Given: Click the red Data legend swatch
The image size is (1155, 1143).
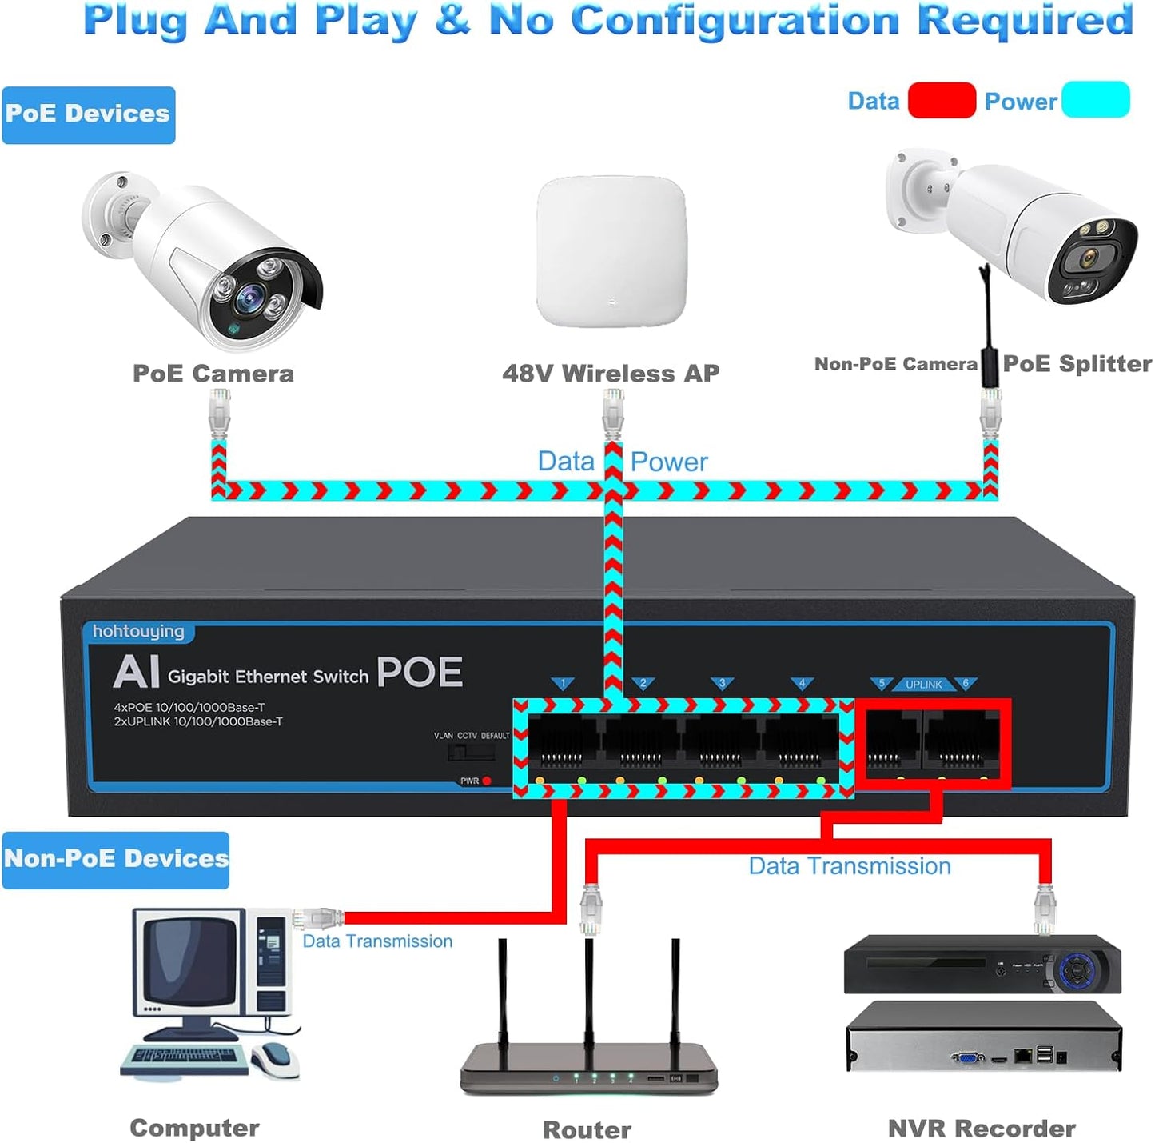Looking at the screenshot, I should (x=942, y=101).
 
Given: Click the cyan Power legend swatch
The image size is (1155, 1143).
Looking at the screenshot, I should (x=1095, y=100).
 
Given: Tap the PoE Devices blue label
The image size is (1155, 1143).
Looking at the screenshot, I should (x=88, y=114).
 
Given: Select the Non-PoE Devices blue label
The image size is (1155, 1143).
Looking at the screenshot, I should (x=116, y=860).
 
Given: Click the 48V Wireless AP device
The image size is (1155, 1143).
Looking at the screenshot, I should (x=611, y=251).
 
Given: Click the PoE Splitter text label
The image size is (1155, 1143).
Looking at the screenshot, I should (x=1076, y=364).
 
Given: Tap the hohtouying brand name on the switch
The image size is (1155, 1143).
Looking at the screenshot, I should (x=138, y=632).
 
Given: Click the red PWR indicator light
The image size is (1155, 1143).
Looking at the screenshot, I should (x=487, y=781).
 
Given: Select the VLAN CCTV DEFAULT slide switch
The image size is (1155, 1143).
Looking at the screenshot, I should (x=471, y=752).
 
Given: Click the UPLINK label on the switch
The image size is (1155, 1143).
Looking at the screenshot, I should (x=923, y=685).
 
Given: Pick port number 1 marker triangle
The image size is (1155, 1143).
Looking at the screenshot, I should (x=563, y=684).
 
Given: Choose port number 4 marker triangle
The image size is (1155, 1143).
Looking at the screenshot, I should (x=802, y=684).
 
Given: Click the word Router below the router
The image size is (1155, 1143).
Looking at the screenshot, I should (x=587, y=1129).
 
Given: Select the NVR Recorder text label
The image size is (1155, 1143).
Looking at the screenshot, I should (x=982, y=1129).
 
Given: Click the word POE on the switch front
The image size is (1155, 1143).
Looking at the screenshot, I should (x=420, y=673).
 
